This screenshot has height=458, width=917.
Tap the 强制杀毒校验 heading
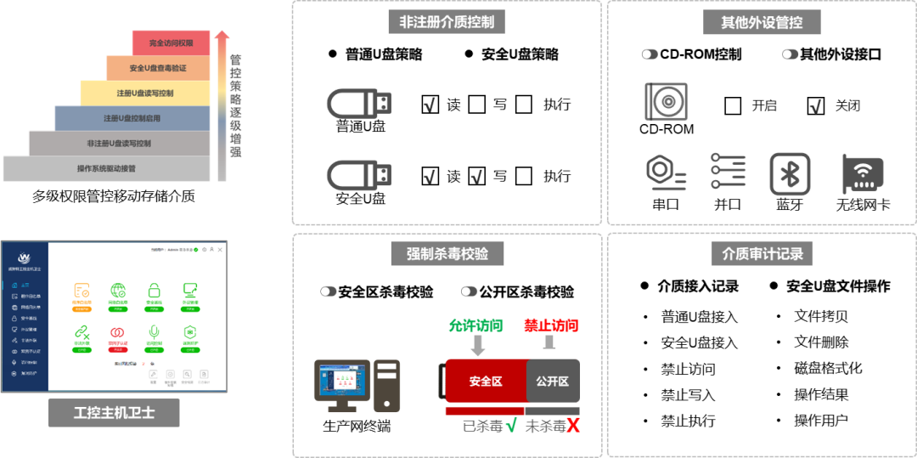pyautogui.click(x=447, y=253)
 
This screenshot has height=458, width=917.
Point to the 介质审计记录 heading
pyautogui.click(x=762, y=253)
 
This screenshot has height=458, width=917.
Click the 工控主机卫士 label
pyautogui.click(x=114, y=413)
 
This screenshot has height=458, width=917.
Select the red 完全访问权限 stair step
pyautogui.click(x=171, y=42)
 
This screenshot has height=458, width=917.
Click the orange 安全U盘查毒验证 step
pyautogui.click(x=158, y=68)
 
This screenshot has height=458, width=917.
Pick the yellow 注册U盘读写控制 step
pyautogui.click(x=145, y=93)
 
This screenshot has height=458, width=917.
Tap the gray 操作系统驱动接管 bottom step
pyautogui.click(x=106, y=168)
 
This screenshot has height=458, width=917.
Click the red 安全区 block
pyautogui.click(x=485, y=381)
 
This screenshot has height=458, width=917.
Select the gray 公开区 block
pyautogui.click(x=553, y=381)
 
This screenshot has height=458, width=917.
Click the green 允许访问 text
pyautogui.click(x=475, y=325)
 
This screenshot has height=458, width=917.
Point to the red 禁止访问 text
pyautogui.click(x=551, y=325)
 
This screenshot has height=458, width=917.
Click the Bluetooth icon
pyautogui.click(x=790, y=174)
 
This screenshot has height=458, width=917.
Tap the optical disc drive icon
pyautogui.click(x=666, y=102)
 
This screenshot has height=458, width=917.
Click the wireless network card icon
pyautogui.click(x=863, y=174)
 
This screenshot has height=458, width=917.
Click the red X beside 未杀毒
pyautogui.click(x=573, y=425)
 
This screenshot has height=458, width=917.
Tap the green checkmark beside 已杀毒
pyautogui.click(x=511, y=425)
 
